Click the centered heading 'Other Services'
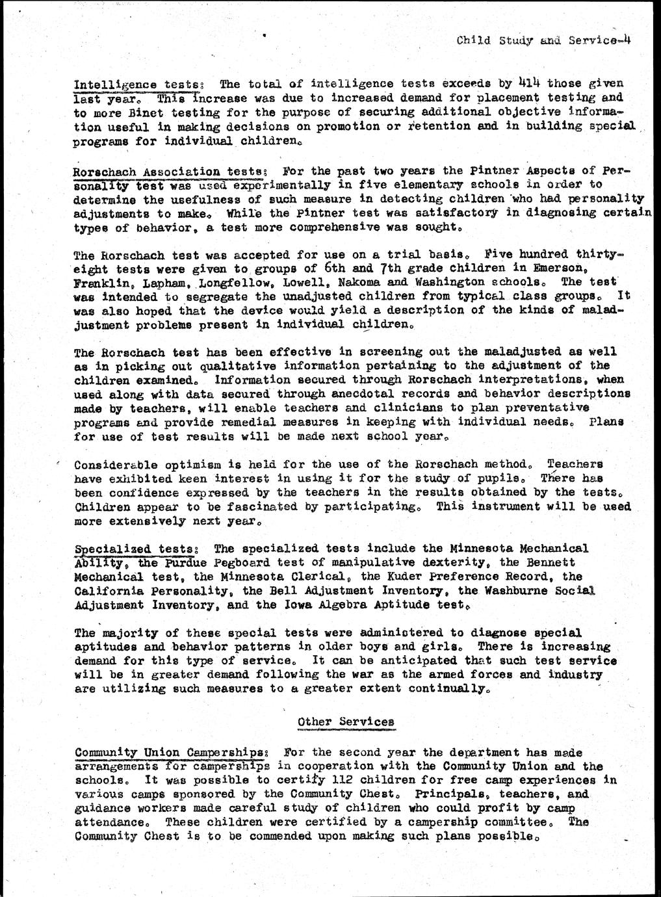coord(345,721)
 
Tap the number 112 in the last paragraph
coord(341,780)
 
